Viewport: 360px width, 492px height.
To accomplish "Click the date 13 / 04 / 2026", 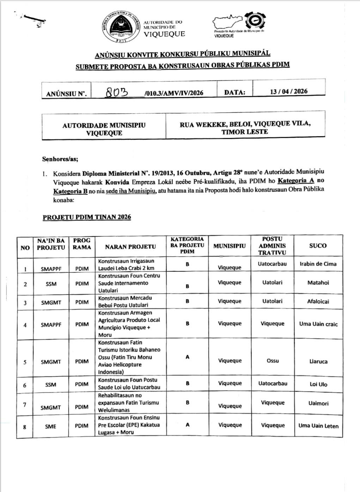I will (x=289, y=91).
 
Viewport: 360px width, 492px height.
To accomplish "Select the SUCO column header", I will (x=318, y=246).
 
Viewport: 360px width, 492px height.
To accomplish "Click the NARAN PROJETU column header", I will (x=130, y=247).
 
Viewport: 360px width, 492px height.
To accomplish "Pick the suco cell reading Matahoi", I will (x=318, y=283).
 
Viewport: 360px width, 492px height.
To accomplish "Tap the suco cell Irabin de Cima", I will (x=318, y=264).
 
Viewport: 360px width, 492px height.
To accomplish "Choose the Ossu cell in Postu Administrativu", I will (x=273, y=361).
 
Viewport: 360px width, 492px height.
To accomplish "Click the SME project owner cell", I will (x=50, y=426).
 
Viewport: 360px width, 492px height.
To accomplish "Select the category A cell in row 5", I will (x=187, y=357).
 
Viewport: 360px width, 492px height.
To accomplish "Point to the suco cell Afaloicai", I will (x=318, y=301).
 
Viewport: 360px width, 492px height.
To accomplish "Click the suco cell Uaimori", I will (x=318, y=403).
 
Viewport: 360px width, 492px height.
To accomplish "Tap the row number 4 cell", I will (x=25, y=325).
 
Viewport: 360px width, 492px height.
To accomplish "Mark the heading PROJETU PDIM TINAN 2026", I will (x=87, y=217).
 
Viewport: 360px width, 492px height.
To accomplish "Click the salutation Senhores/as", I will (x=60, y=159).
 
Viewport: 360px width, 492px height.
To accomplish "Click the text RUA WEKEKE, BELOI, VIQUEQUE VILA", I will (x=245, y=124).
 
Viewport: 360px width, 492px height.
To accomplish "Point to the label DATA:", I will (x=234, y=92).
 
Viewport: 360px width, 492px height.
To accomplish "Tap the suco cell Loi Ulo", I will (x=318, y=384).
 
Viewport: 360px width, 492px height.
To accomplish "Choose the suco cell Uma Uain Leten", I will (x=318, y=426).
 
